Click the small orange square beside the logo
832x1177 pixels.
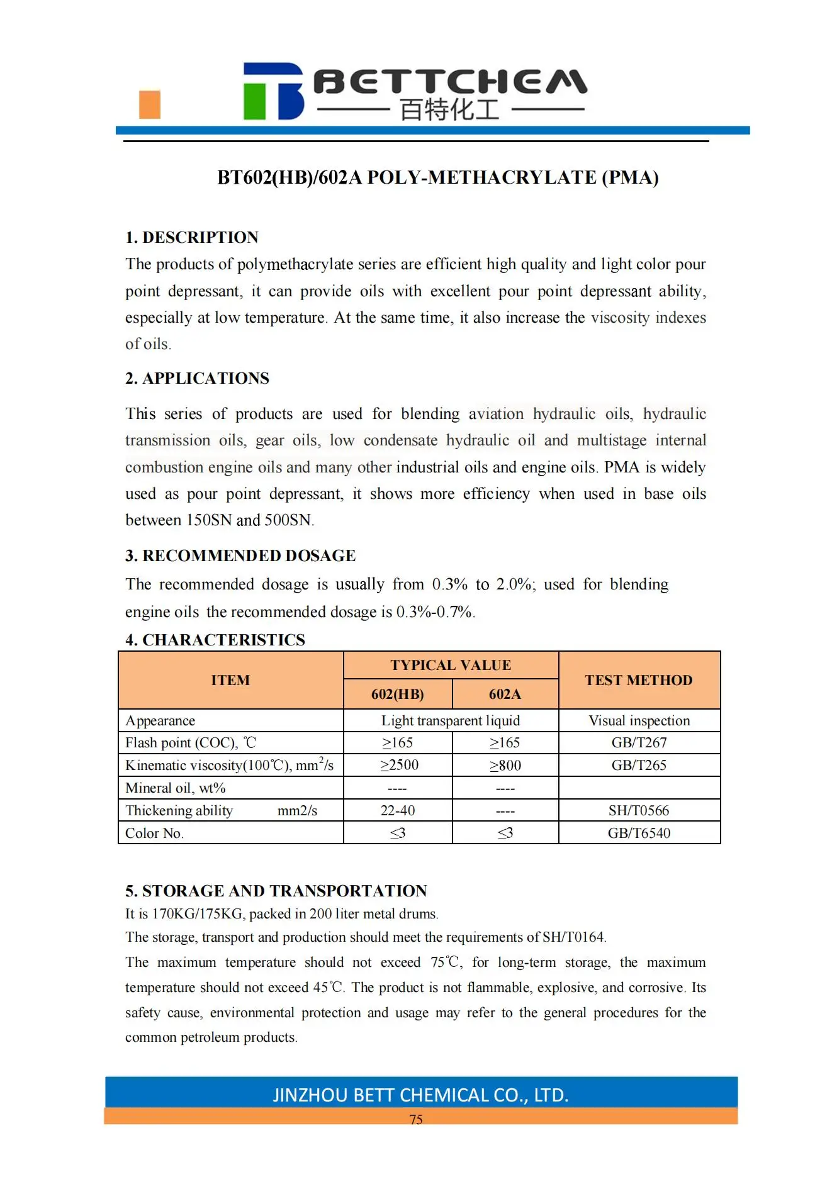(x=149, y=104)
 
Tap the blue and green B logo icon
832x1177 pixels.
(x=273, y=91)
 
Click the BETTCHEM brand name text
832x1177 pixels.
(x=450, y=82)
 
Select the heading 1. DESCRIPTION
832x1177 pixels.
(x=191, y=237)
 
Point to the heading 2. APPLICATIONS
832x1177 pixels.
(x=197, y=378)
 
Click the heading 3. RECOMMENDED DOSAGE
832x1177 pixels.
(x=240, y=555)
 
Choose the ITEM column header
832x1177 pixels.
(x=230, y=680)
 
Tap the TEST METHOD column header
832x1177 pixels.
(x=638, y=680)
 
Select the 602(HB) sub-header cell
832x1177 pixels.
(x=397, y=694)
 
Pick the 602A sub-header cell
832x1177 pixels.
(x=505, y=694)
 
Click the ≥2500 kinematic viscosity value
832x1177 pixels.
(x=399, y=765)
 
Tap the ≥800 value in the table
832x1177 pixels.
(x=505, y=766)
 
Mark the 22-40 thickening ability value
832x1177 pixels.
(x=398, y=810)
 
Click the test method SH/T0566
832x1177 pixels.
(x=639, y=810)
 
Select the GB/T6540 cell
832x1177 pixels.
(x=639, y=833)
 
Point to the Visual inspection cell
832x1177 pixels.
(x=639, y=720)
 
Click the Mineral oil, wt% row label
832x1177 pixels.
(x=175, y=788)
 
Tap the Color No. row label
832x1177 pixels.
(x=154, y=833)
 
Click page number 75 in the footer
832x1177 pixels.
(x=416, y=1119)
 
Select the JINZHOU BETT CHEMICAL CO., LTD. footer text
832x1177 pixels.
(x=420, y=1095)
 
